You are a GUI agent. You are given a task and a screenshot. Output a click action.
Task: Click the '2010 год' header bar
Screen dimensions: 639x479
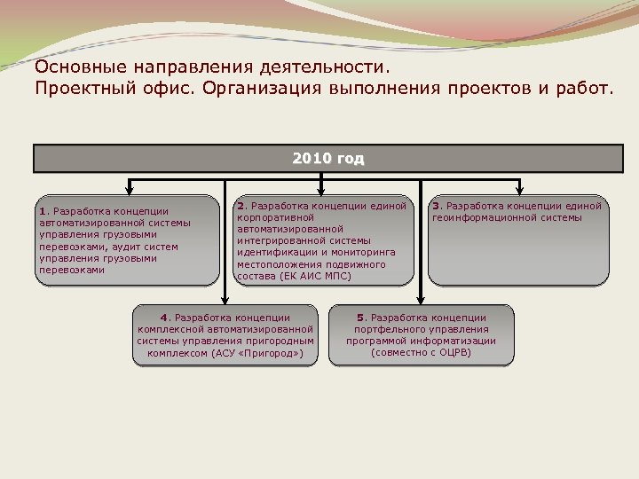pyautogui.click(x=327, y=159)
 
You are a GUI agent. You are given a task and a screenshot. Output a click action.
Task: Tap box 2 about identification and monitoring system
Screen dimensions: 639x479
pyautogui.click(x=324, y=240)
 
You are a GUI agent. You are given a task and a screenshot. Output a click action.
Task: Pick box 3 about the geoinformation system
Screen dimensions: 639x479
pyautogui.click(x=518, y=240)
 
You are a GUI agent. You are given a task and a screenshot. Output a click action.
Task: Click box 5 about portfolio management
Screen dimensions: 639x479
pyautogui.click(x=421, y=334)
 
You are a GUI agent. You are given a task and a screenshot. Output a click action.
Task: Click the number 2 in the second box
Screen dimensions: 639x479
pyautogui.click(x=241, y=206)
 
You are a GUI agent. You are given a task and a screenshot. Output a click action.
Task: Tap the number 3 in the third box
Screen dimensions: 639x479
pyautogui.click(x=436, y=206)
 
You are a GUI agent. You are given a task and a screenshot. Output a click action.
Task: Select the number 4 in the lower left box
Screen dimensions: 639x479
pyautogui.click(x=163, y=317)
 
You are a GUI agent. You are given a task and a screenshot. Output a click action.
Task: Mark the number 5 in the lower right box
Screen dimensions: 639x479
pyautogui.click(x=360, y=317)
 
